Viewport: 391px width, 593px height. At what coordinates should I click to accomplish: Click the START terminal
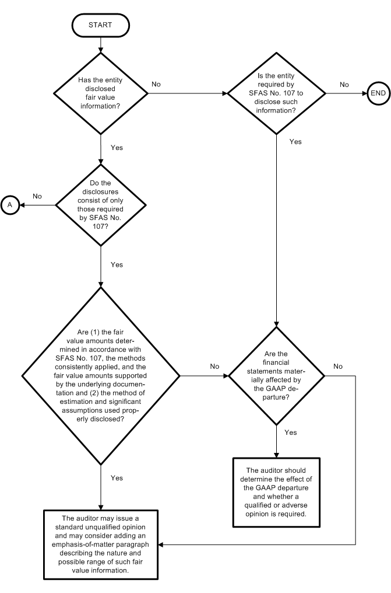click(101, 25)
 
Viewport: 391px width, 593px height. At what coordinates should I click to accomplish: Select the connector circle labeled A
click(10, 204)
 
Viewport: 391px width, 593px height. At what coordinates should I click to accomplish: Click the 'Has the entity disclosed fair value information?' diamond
click(101, 93)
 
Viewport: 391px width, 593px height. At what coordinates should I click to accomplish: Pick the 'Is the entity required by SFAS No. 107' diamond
click(274, 93)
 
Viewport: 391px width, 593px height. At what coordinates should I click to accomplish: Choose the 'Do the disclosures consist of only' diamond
click(101, 205)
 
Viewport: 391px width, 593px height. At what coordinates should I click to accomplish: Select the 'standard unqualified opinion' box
click(101, 545)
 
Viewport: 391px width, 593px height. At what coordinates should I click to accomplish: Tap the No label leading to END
click(344, 85)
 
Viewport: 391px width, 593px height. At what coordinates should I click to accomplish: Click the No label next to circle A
click(37, 196)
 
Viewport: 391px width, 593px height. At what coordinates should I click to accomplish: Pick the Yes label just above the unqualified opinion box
click(117, 478)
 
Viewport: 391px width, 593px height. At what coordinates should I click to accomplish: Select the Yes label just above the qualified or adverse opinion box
click(290, 432)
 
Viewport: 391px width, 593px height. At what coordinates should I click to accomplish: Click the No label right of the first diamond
click(156, 85)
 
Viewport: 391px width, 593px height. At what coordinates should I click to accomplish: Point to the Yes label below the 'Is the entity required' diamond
click(295, 142)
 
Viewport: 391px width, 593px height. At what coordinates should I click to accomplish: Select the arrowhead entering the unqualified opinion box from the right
click(163, 545)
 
